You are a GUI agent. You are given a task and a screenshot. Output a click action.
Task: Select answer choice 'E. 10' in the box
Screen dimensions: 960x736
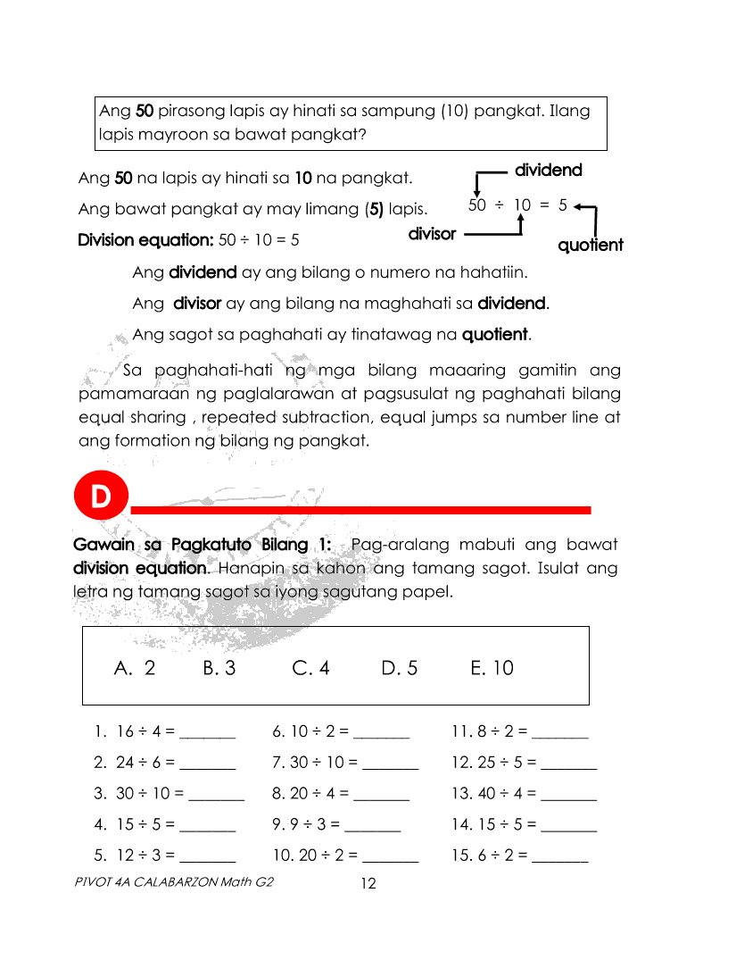coord(492,668)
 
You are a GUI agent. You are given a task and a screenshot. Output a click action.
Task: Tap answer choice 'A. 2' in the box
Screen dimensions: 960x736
coord(135,668)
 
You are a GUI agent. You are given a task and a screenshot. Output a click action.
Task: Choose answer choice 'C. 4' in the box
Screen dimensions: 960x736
coord(310,668)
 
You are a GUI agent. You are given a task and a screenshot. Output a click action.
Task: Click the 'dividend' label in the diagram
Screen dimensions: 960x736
coord(549,170)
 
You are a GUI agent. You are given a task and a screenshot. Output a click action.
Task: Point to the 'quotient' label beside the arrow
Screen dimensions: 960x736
coord(590,245)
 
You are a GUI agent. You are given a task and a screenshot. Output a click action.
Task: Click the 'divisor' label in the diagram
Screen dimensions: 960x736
coord(432,234)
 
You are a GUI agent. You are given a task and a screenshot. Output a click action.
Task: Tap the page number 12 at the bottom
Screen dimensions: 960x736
coord(368,883)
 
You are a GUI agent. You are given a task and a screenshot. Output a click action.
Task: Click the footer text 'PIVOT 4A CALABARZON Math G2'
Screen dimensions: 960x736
coord(175,881)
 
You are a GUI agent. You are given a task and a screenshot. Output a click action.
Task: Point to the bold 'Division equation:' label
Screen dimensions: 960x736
coord(145,240)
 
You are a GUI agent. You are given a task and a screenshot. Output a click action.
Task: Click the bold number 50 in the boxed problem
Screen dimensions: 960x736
coord(145,112)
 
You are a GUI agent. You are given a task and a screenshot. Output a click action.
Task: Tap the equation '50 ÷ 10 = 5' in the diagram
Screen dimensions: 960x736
coord(517,205)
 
